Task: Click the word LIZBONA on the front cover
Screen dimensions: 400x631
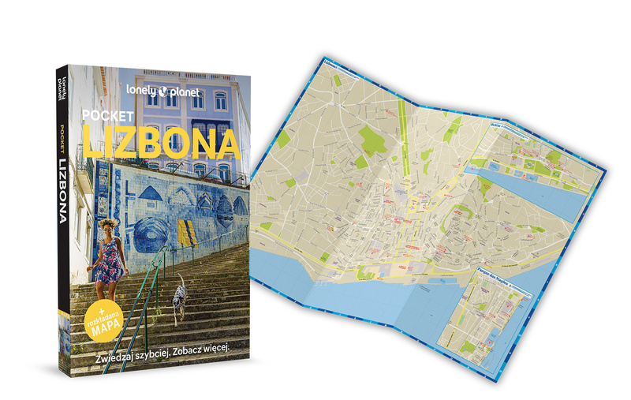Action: point(161,144)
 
